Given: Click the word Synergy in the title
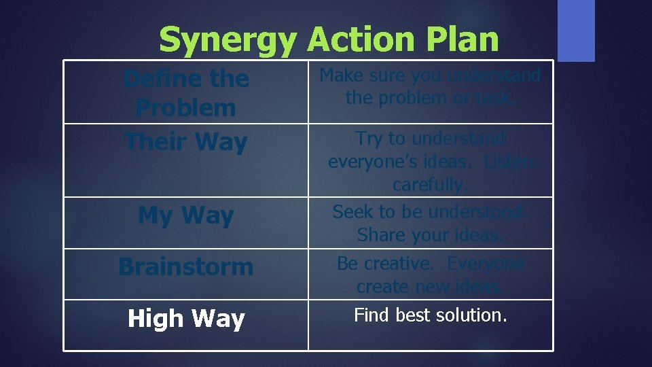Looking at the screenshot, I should click(228, 41).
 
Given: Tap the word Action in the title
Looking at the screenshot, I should click(360, 41).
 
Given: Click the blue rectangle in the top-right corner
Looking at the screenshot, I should click(576, 31).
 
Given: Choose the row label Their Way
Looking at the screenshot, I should click(185, 142).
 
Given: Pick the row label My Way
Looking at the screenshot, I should click(185, 215).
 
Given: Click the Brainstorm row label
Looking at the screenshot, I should click(185, 266).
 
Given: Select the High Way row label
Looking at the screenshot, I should click(185, 318).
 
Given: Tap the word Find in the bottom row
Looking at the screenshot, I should click(372, 315).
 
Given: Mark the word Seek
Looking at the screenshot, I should click(352, 212).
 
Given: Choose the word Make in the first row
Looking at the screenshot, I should click(338, 75).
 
